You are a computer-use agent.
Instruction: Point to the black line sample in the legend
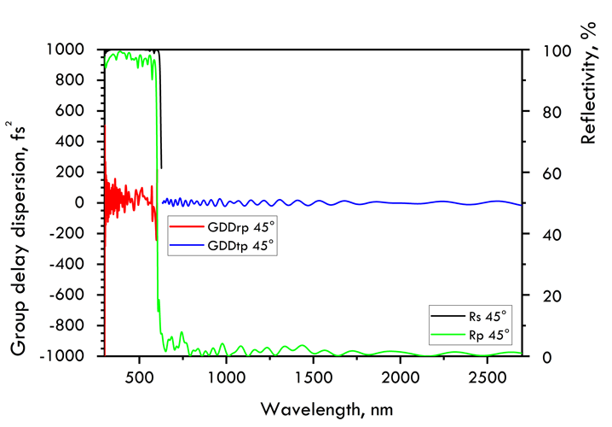point(449,316)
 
